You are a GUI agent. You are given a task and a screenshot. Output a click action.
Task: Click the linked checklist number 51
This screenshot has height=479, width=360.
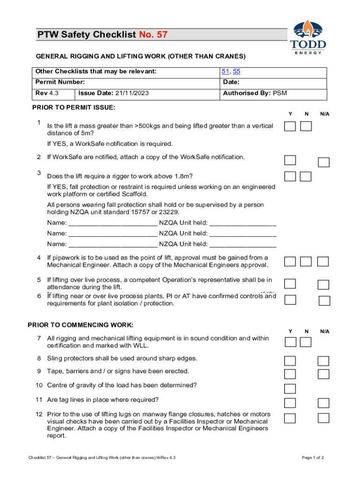(x=226, y=72)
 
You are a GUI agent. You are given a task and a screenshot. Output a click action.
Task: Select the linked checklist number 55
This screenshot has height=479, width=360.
(x=237, y=72)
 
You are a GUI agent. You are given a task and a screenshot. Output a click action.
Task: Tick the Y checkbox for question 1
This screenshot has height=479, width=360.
(x=290, y=126)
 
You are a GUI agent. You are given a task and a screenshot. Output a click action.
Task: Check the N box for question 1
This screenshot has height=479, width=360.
(x=306, y=126)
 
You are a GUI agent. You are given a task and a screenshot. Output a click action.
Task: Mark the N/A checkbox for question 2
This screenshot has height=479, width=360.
(x=324, y=162)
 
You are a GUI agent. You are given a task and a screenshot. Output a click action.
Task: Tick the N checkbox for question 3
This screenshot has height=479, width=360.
(x=306, y=176)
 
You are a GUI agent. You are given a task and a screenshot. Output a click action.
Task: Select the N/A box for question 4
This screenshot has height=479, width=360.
(x=323, y=261)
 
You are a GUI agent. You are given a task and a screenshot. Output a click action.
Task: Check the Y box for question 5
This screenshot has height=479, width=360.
(x=290, y=284)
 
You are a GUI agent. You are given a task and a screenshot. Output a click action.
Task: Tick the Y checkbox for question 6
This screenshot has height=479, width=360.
(x=290, y=300)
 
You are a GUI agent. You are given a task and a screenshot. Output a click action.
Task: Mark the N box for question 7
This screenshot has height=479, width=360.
(x=306, y=342)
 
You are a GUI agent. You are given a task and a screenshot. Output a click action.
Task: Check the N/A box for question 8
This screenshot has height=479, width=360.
(x=324, y=361)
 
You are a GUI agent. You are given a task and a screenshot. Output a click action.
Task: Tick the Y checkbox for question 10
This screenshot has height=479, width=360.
(x=290, y=388)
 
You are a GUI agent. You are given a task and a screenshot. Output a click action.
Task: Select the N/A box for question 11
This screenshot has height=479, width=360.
(x=324, y=403)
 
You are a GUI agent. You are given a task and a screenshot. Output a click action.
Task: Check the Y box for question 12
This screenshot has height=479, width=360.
(x=290, y=418)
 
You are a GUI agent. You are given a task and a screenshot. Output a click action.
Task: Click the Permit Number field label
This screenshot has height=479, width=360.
(x=60, y=82)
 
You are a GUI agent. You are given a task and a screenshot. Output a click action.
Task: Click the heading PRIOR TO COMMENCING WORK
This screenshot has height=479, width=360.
(x=80, y=325)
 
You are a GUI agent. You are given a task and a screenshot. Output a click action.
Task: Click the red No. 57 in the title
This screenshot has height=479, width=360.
(x=153, y=35)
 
